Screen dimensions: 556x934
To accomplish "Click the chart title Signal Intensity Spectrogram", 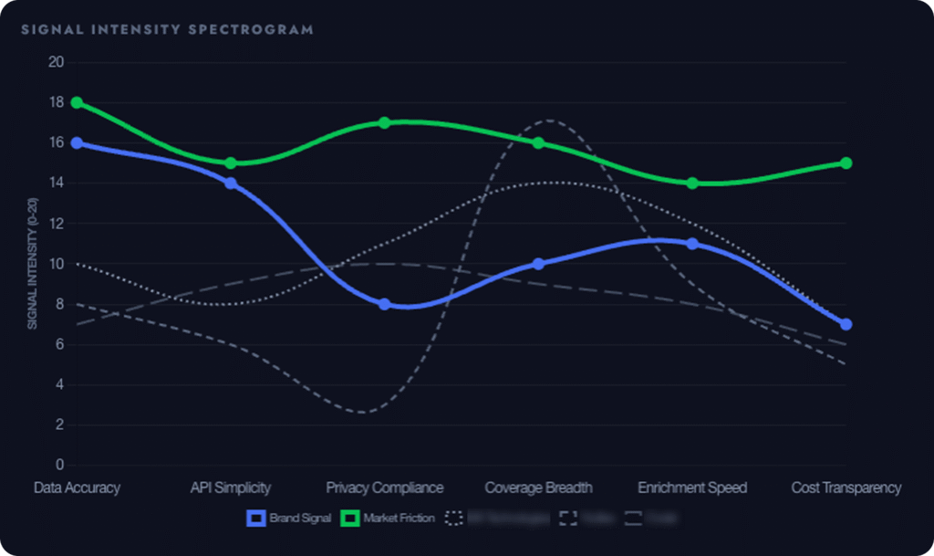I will tap(167, 29).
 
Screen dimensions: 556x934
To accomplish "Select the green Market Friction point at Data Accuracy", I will tap(77, 102).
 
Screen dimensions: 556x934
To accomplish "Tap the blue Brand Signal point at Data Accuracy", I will tap(77, 142).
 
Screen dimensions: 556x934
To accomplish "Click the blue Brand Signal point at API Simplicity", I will tap(231, 183).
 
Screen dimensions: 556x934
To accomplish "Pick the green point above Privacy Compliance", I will tap(384, 122).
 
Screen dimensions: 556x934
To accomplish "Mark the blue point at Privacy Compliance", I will tap(384, 304).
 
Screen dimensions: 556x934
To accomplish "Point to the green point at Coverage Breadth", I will tap(538, 142).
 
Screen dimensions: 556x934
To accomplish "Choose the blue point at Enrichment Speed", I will tap(692, 244).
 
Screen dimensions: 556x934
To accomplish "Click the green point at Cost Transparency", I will tap(846, 163).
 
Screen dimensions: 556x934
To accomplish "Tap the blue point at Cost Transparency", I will tap(846, 324).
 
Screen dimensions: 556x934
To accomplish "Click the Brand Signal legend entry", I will tap(289, 518).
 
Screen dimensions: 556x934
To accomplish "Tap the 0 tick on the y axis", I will tap(59, 465).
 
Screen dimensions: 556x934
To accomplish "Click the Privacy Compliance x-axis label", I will tap(384, 488).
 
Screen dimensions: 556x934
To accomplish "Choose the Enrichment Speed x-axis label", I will tap(692, 488).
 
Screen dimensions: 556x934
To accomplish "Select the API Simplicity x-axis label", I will tap(231, 488).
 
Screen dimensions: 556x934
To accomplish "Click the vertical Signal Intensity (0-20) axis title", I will tap(32, 265).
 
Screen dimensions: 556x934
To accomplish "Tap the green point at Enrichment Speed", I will tap(692, 183).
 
